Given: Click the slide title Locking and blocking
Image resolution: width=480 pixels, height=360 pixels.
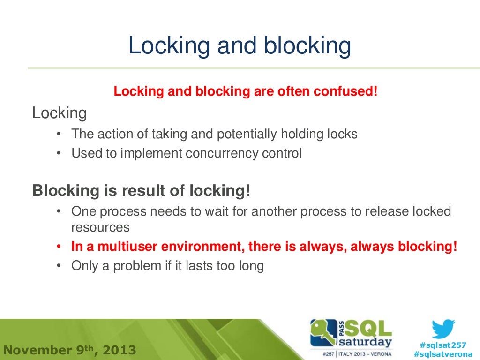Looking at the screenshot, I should [x=240, y=46].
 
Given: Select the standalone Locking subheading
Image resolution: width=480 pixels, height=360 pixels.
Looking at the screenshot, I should [x=60, y=113].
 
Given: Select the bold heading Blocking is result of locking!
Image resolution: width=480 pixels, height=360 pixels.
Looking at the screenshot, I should [x=141, y=191].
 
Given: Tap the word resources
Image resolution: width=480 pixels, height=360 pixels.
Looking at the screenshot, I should [x=100, y=228].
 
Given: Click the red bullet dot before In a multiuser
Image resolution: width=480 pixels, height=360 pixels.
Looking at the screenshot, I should [x=59, y=247].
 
